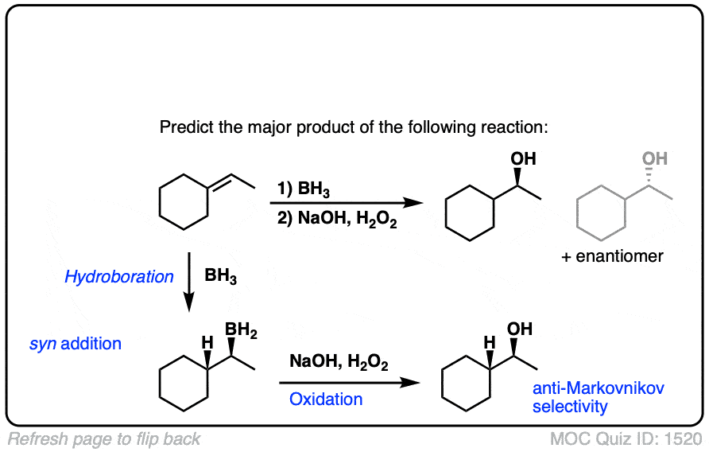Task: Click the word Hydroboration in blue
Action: [118, 277]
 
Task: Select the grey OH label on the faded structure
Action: [654, 159]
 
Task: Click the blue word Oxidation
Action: [326, 399]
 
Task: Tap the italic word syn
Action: [41, 345]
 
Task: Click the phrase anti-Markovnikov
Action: [598, 388]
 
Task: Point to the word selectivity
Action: [570, 407]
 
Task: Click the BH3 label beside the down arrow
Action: [222, 277]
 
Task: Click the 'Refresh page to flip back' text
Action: [104, 438]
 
